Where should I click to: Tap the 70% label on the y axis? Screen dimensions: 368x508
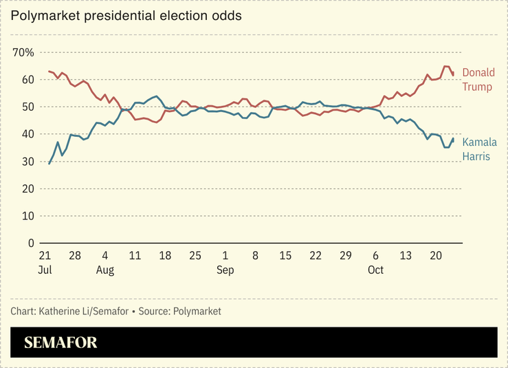pos(23,52)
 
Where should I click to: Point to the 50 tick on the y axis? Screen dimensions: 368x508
pos(27,107)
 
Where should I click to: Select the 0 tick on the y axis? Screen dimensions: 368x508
pos(30,243)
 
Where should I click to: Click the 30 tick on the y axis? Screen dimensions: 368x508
pos(27,161)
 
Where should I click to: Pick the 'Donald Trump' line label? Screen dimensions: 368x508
pos(478,80)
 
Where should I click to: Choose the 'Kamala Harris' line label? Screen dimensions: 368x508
pos(478,149)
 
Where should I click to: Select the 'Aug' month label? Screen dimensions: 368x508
pos(104,270)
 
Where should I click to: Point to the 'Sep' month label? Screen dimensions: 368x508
pos(225,270)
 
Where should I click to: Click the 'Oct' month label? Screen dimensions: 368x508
pos(375,270)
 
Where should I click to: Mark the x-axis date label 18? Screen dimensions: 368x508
pos(165,256)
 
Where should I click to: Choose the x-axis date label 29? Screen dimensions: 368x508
pos(346,256)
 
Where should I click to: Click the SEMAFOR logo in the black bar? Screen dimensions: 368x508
pos(60,343)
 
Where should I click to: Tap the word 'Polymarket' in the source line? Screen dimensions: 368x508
pos(198,312)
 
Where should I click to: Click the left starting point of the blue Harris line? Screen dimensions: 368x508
pos(49,164)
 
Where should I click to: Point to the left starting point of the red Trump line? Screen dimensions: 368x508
pos(49,72)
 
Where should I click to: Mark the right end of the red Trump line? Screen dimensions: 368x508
pos(453,74)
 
